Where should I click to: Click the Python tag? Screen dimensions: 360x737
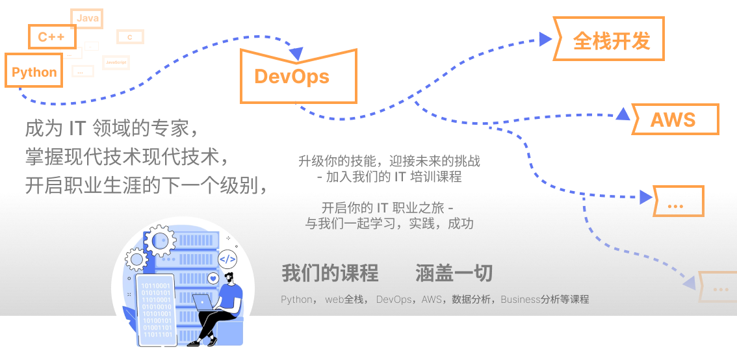pos(34,71)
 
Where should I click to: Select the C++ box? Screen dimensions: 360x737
pos(51,36)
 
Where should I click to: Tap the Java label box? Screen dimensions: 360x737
pos(87,18)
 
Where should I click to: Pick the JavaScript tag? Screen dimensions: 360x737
pos(116,62)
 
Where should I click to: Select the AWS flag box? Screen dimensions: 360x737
pos(674,120)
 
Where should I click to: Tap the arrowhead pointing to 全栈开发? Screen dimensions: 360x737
pos(545,39)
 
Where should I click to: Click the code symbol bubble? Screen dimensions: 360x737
pos(227,259)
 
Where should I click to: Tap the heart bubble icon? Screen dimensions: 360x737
pos(213,279)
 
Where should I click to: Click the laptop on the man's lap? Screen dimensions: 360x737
pos(203,302)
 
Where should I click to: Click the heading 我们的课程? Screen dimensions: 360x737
pos(330,274)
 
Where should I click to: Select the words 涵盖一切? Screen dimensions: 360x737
pos(454,274)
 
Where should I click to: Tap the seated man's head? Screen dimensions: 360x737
pos(231,278)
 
